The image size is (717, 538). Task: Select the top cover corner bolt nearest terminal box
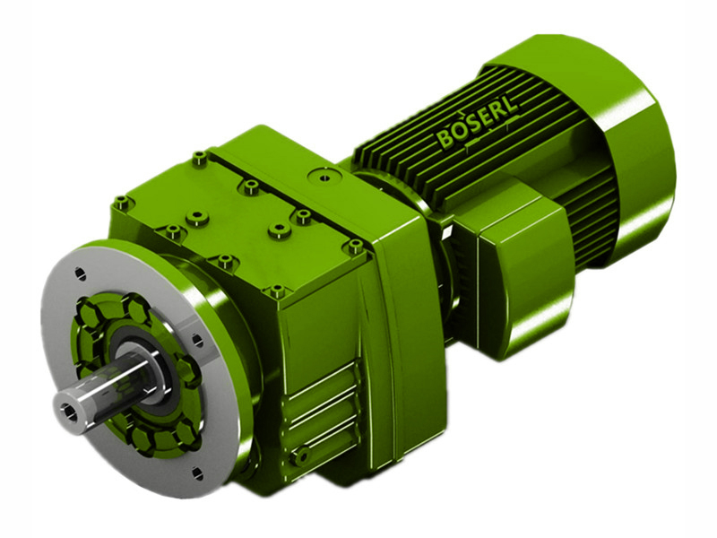[x=356, y=244]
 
